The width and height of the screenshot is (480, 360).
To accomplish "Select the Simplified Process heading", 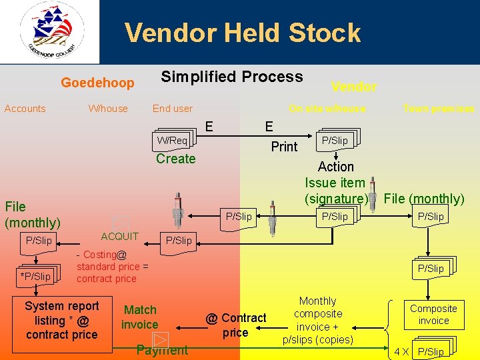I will coord(231,77).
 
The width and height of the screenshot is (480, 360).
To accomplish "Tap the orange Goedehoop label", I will coord(97,83).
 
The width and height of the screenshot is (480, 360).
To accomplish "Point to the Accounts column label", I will coord(25,109).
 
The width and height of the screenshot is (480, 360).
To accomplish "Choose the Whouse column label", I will coord(108,109).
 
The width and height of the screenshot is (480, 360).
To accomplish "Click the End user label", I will coord(172,109).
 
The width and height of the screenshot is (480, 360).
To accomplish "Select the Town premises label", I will coord(438,109).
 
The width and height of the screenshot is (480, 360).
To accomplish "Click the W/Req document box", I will coord(172,140).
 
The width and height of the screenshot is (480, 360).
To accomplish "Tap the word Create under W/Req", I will coord(175,159).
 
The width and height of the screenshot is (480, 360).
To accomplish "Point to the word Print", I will coord(284,147).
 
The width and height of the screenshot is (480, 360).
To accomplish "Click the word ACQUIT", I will coord(120,236).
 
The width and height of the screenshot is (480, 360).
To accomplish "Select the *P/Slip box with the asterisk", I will coord(36,276).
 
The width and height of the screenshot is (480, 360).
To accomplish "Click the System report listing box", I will coord(61,320).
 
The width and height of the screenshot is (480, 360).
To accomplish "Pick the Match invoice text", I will coord(140,317).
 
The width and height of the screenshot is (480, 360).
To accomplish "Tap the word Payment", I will coord(161,350).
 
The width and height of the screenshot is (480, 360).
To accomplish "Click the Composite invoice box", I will coord(433,315).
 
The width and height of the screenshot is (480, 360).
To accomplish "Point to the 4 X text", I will coord(401,351).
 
